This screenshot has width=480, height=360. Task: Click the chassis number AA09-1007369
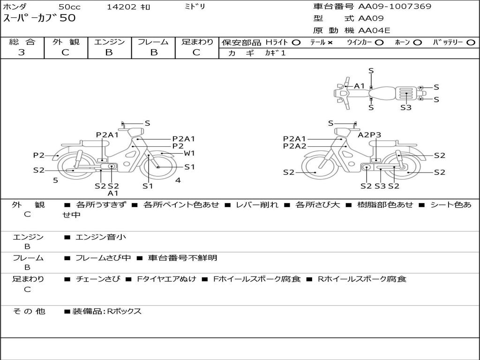[395, 7]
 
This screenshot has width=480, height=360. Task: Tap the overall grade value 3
[22, 52]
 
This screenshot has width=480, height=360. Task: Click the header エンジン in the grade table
[109, 42]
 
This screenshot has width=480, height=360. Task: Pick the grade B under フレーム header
[154, 52]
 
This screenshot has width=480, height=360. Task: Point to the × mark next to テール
[330, 43]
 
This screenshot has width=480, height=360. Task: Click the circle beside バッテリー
[471, 43]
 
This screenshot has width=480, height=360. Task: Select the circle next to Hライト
[296, 43]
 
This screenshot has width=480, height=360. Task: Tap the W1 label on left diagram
[189, 153]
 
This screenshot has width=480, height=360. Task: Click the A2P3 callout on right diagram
[369, 135]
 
